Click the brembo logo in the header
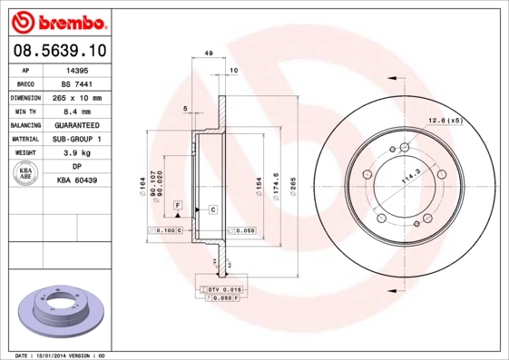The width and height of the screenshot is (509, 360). click(x=57, y=20)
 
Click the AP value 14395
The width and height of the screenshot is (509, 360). click(x=77, y=69)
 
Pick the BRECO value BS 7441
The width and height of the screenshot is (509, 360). click(x=77, y=83)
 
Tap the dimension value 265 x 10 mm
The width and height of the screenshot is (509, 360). click(x=77, y=97)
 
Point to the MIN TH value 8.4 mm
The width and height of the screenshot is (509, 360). click(x=77, y=111)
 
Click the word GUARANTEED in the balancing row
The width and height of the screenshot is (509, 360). click(x=77, y=125)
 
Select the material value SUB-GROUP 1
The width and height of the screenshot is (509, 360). click(x=77, y=139)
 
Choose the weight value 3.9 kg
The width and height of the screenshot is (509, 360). click(x=77, y=153)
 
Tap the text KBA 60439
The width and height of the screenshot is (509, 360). click(x=77, y=181)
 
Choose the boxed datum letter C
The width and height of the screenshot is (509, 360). click(x=211, y=209)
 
